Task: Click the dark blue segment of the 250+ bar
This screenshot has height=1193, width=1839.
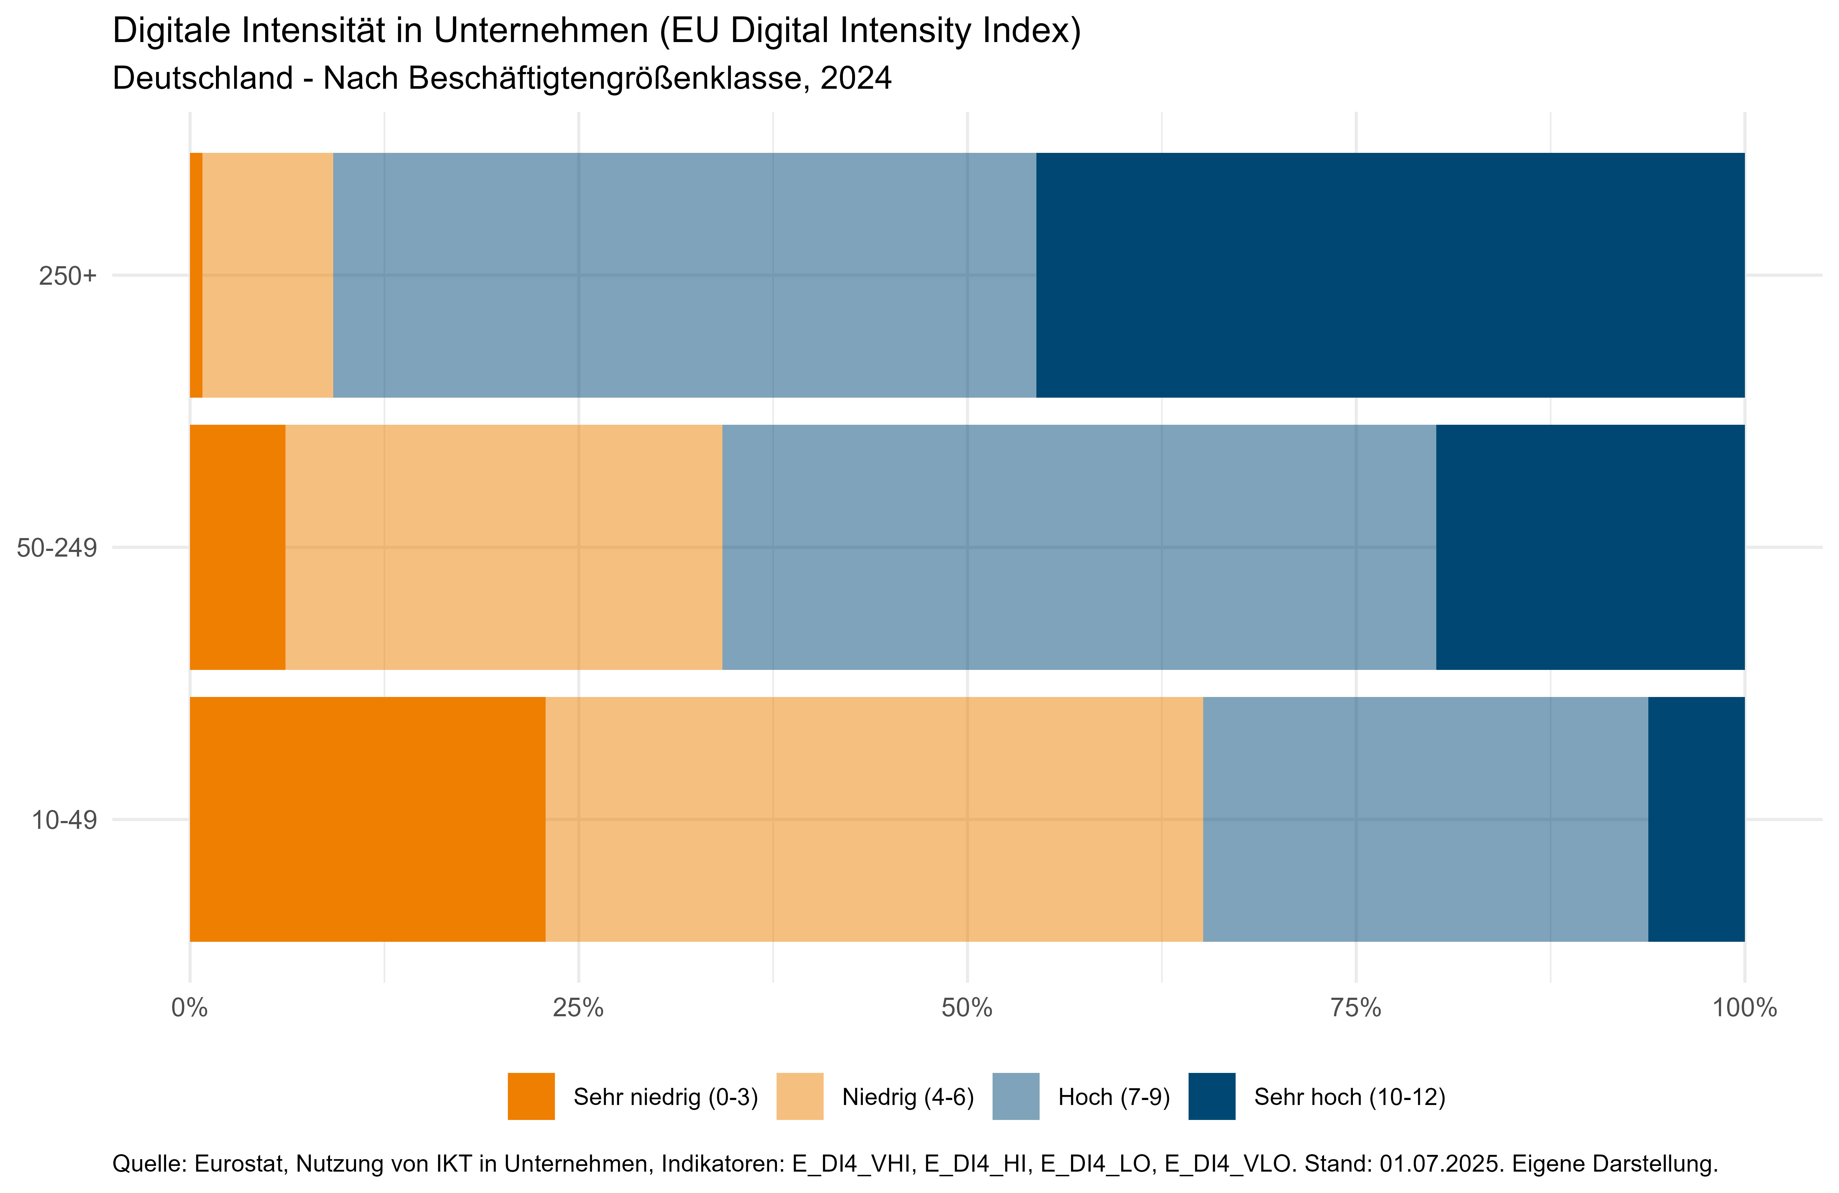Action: click(1389, 275)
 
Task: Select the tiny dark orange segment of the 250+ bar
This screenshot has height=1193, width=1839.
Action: click(196, 275)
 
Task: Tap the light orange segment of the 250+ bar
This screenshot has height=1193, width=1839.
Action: click(267, 275)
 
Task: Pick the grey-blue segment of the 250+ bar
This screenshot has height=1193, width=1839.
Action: click(684, 275)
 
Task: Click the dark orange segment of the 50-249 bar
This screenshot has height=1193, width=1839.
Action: click(237, 547)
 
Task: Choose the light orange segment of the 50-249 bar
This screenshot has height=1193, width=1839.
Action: click(504, 547)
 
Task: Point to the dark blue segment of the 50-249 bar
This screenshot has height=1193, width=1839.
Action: click(1590, 547)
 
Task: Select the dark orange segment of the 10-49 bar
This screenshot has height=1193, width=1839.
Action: click(367, 819)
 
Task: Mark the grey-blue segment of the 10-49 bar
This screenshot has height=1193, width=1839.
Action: click(1425, 819)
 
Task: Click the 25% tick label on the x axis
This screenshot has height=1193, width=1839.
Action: click(578, 1008)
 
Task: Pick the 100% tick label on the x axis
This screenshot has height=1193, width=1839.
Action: click(1744, 1008)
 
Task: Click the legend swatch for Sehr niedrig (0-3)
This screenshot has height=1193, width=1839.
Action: click(531, 1096)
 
